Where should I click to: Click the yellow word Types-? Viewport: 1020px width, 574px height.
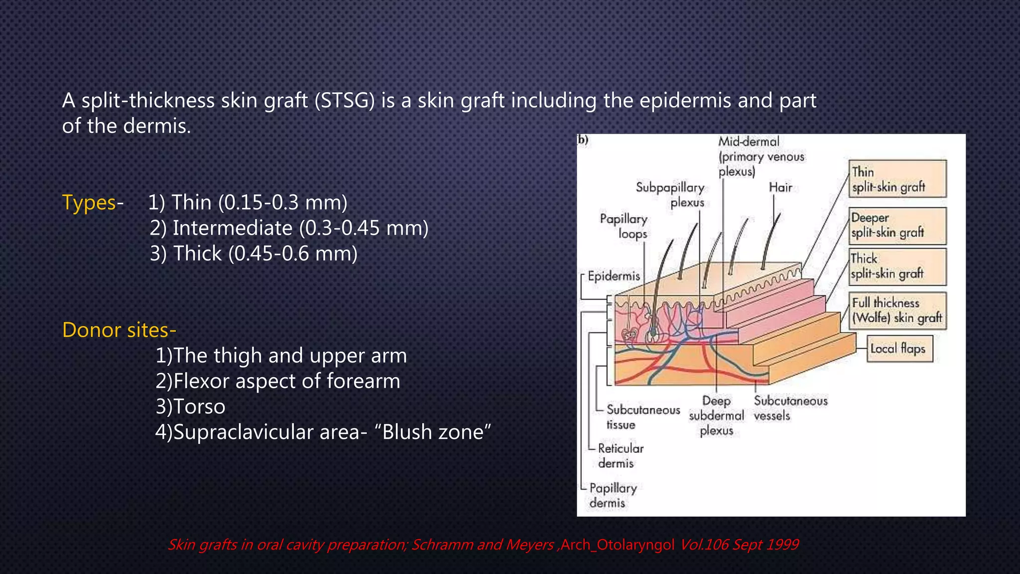(x=93, y=203)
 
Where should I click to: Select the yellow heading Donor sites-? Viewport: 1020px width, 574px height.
(x=119, y=330)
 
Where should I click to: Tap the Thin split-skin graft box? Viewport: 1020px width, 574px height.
(x=897, y=179)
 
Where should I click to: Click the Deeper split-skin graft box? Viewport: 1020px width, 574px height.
(x=897, y=226)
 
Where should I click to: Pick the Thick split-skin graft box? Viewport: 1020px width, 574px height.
(x=897, y=267)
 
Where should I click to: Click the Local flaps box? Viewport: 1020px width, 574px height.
(x=898, y=349)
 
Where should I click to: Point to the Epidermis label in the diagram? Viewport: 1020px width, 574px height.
(x=613, y=276)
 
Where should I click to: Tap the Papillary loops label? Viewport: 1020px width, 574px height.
(x=624, y=226)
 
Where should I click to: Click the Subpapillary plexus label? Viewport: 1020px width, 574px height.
(x=671, y=195)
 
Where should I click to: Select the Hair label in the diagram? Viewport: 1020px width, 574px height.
(x=780, y=188)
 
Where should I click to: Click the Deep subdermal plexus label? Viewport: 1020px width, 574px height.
(x=716, y=416)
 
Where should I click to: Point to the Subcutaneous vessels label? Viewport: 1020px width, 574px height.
(x=790, y=408)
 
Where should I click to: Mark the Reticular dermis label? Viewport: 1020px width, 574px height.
(x=620, y=456)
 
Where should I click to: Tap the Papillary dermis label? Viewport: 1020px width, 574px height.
(x=612, y=495)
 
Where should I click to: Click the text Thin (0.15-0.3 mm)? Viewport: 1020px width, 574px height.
(x=259, y=203)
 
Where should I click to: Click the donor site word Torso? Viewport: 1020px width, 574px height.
(x=199, y=407)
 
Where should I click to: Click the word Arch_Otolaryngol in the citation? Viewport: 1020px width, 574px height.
(x=618, y=545)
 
